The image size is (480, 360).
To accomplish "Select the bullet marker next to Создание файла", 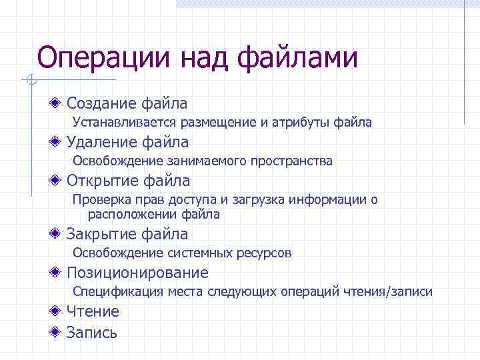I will pyautogui.click(x=59, y=103).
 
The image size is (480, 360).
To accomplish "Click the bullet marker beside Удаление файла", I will pyautogui.click(x=59, y=142).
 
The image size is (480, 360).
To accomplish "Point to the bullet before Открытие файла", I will pyautogui.click(x=59, y=181).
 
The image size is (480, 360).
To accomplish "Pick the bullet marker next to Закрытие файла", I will pyautogui.click(x=59, y=234).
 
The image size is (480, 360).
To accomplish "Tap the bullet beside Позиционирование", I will pyautogui.click(x=59, y=273).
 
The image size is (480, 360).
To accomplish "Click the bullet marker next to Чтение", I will pyautogui.click(x=59, y=311).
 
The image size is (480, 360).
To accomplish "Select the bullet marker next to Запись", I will pyautogui.click(x=59, y=332).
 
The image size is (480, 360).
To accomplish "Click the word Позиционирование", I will pyautogui.click(x=137, y=273).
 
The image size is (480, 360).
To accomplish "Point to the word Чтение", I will pyautogui.click(x=93, y=311).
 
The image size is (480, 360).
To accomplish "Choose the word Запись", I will pyautogui.click(x=91, y=332).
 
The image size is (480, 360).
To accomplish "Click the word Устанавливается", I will pyautogui.click(x=122, y=123).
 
